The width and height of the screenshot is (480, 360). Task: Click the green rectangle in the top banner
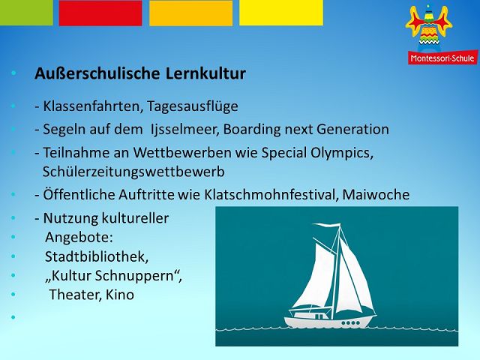[26, 13]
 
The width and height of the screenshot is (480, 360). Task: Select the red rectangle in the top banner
[100, 13]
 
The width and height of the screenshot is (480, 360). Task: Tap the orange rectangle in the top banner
[190, 13]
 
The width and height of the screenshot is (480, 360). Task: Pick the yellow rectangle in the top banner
[281, 13]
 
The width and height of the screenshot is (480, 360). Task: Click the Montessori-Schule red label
[442, 58]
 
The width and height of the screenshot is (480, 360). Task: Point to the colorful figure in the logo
[429, 27]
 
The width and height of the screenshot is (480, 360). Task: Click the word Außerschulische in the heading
[97, 73]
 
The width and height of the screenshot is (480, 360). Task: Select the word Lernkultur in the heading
[205, 73]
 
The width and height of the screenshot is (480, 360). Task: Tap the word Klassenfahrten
[93, 106]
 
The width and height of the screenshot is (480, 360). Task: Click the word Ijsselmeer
[185, 130]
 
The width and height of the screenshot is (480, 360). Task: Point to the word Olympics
[342, 153]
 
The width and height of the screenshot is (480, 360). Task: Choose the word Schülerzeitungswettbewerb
[133, 172]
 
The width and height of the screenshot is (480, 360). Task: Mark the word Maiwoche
[376, 195]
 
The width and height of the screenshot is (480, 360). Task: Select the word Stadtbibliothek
[97, 256]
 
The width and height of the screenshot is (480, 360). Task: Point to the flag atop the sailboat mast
[326, 226]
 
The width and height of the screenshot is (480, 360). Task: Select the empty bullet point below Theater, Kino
[13, 317]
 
